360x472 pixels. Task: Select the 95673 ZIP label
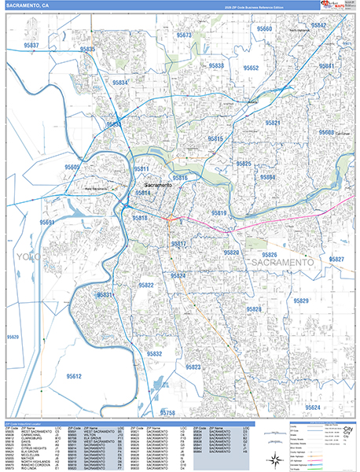coord(184,35)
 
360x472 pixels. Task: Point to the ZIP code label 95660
coord(263,29)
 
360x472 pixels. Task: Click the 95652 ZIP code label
coord(251,68)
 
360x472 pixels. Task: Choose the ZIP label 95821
coord(273,123)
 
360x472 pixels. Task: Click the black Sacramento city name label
coord(158,185)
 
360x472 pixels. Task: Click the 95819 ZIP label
coord(219,213)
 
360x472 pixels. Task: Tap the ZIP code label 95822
coord(145,285)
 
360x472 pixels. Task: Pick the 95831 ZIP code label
coord(106,294)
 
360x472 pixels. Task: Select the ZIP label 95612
coord(74,377)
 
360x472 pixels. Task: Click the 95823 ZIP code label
coord(193,367)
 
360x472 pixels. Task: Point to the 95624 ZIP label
coord(313,407)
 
